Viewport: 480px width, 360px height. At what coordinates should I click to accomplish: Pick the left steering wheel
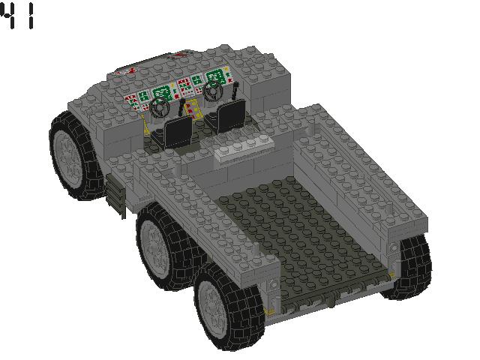(159, 107)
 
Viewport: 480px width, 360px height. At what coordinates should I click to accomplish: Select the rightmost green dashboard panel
(215, 77)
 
